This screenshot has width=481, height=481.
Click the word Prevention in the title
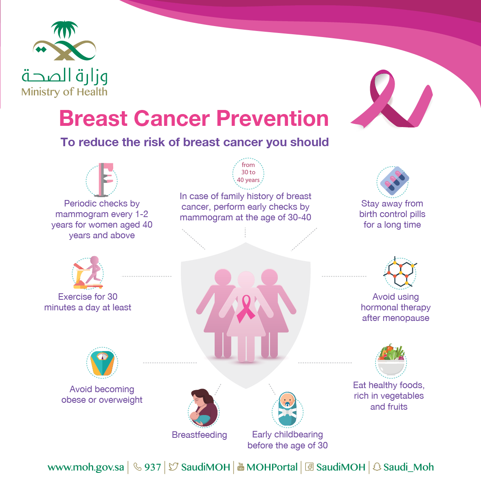272,119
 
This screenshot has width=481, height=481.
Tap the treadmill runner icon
88,272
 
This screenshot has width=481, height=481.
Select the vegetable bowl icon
391,360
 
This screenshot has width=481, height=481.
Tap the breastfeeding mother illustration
203,408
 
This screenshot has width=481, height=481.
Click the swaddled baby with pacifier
288,409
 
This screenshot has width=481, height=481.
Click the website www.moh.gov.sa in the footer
86,467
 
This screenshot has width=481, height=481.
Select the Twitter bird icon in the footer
174,467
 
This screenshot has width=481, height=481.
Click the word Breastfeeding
200,435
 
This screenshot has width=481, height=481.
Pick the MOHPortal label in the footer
272,467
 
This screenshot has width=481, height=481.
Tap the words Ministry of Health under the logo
64,92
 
